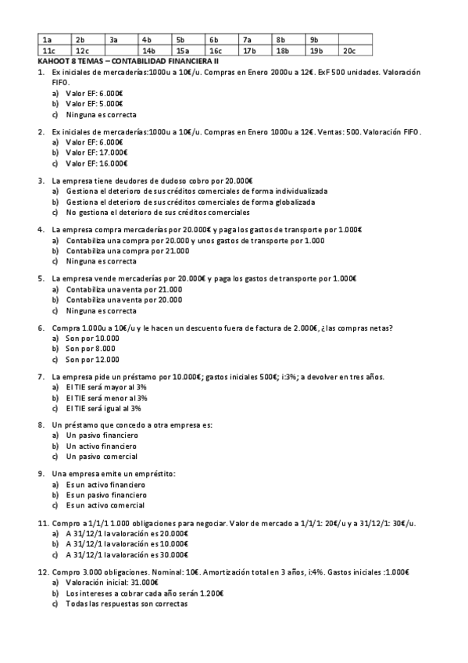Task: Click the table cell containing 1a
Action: (47, 39)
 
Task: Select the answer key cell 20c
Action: (349, 51)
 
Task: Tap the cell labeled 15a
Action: (182, 51)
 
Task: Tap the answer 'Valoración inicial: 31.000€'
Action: (114, 582)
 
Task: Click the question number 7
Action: (41, 377)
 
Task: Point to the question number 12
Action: (42, 572)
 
